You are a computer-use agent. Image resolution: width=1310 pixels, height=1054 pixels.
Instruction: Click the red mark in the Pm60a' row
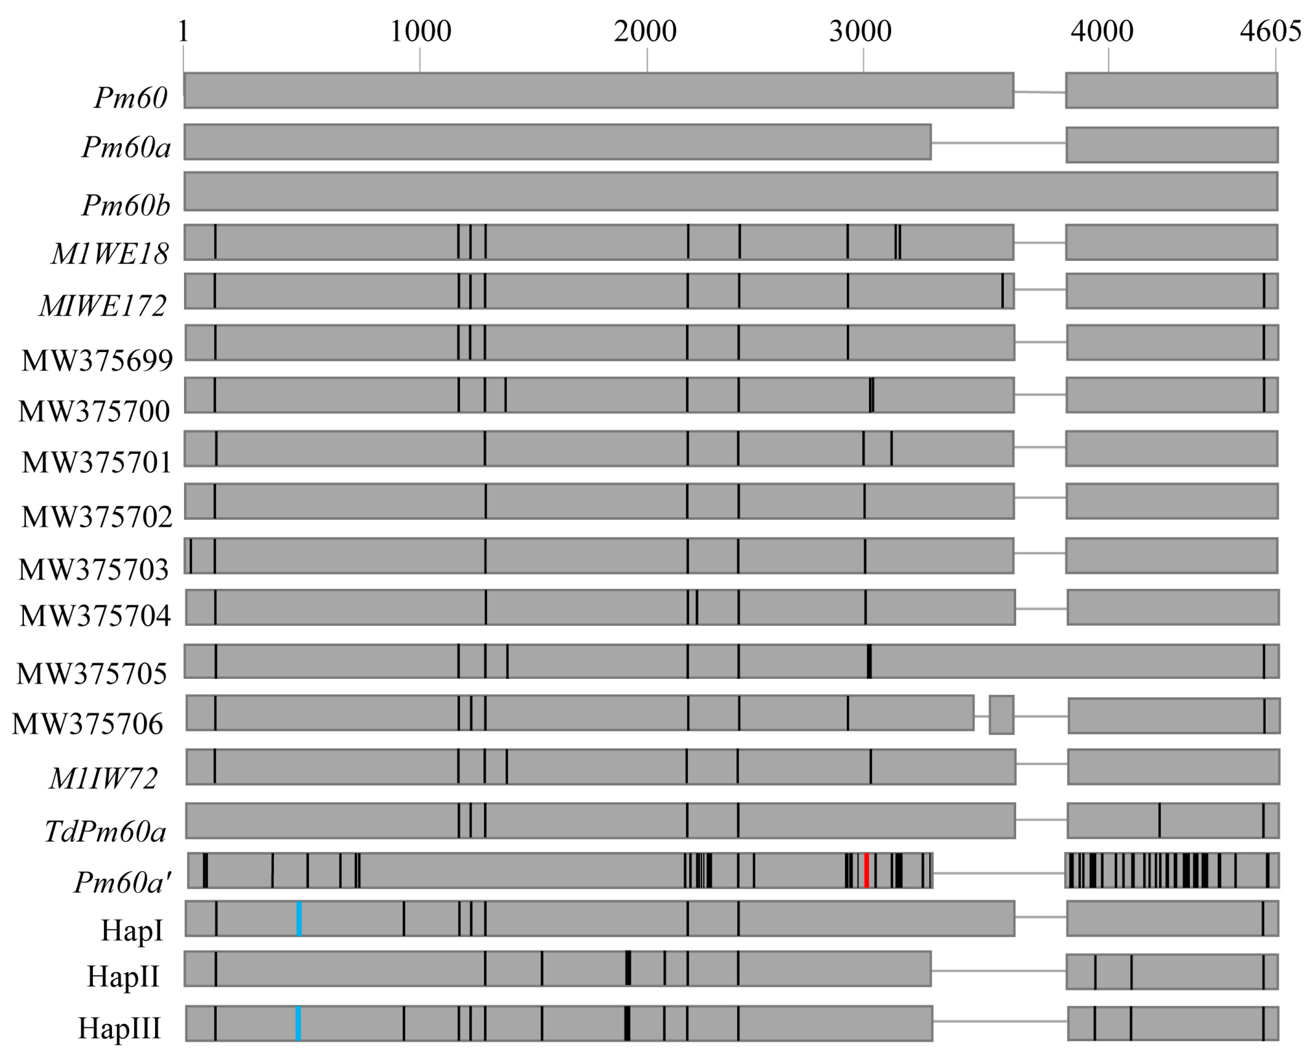point(866,870)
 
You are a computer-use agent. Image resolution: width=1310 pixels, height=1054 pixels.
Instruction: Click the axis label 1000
point(420,31)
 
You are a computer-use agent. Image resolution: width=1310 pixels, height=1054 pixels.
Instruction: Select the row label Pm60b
point(126,205)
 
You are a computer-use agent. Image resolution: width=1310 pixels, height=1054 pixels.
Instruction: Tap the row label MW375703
point(94,569)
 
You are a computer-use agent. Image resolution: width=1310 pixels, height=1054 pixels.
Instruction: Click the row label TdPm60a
point(105,831)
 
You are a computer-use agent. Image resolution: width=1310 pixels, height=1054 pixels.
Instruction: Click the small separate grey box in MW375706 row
point(1001,715)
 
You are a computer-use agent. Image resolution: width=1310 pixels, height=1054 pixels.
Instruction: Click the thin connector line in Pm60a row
point(998,144)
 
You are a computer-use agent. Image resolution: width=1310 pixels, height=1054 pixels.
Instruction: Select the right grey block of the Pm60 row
point(1172,90)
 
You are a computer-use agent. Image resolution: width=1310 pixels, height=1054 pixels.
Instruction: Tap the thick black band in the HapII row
point(628,968)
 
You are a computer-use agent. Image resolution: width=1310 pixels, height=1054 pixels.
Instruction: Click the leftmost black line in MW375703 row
point(191,556)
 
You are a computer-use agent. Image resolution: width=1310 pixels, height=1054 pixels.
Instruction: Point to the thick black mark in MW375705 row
point(869,661)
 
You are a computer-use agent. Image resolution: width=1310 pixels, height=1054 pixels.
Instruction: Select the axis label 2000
point(645,31)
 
